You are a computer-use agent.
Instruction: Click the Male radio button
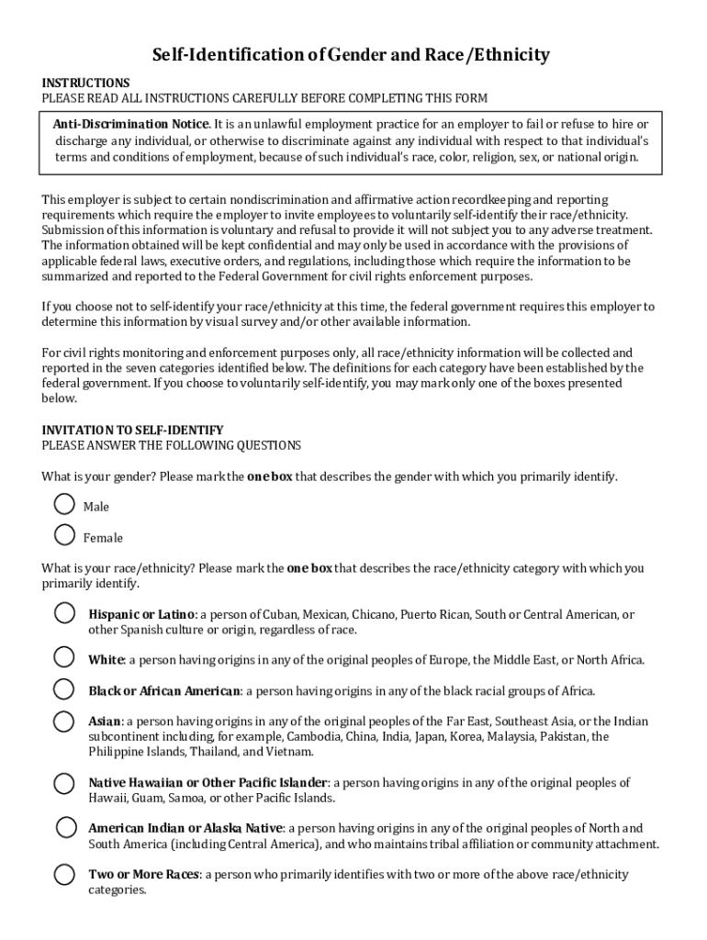(64, 504)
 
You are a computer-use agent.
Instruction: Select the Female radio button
(64, 534)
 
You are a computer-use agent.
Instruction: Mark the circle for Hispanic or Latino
(64, 612)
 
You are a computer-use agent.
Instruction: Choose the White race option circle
(64, 656)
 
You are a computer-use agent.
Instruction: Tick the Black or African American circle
(64, 688)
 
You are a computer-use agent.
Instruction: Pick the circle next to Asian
(64, 721)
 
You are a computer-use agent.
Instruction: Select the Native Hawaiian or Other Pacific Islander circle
(64, 783)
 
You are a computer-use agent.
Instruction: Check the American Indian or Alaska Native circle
(66, 827)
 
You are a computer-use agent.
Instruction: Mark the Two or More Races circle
(64, 874)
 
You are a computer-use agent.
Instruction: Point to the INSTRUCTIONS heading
(85, 83)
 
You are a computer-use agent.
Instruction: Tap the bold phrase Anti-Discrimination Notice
(131, 124)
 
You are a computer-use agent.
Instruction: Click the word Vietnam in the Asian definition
(292, 752)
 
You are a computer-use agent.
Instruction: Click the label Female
(103, 538)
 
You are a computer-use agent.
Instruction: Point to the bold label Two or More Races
(143, 875)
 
